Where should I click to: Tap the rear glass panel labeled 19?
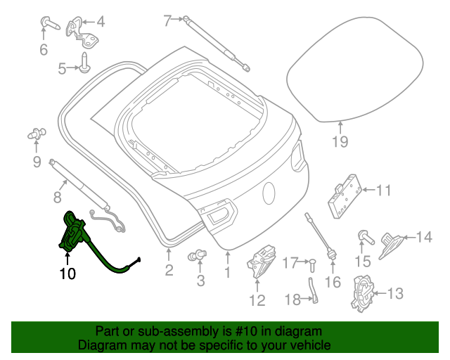pyautogui.click(x=355, y=73)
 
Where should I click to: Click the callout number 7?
pyautogui.click(x=167, y=21)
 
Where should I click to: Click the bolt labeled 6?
pyautogui.click(x=49, y=24)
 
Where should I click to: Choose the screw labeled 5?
pyautogui.click(x=84, y=61)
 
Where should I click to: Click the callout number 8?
pyautogui.click(x=58, y=197)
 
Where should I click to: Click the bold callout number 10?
pyautogui.click(x=67, y=273)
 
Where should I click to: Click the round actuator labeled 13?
pyautogui.click(x=364, y=293)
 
